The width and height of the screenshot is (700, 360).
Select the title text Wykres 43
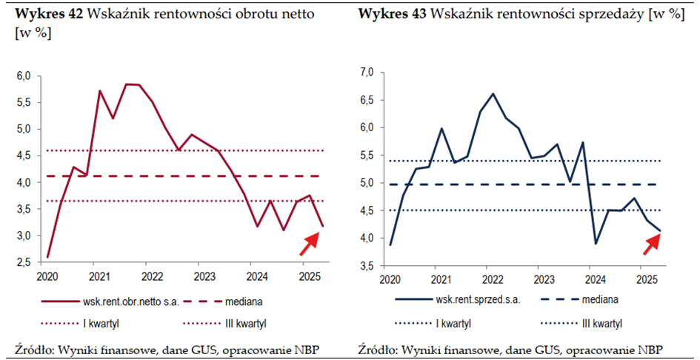pyautogui.click(x=391, y=13)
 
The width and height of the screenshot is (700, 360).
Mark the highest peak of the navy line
pyautogui.click(x=493, y=94)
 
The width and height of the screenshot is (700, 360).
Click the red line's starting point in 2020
pyautogui.click(x=47, y=257)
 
